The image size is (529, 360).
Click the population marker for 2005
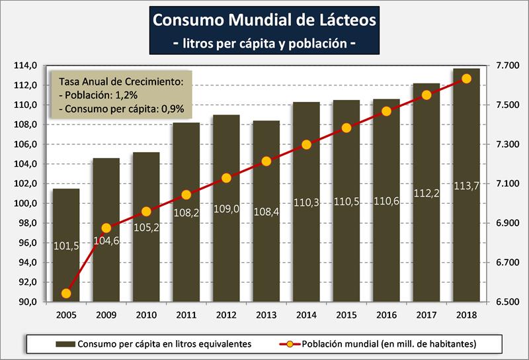pos(66,293)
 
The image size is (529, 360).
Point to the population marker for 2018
pos(466,78)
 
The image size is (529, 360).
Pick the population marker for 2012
pos(226,178)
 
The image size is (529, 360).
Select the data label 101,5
pos(66,246)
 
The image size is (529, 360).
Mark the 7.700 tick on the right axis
pos(501,66)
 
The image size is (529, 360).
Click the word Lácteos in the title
pos(343,20)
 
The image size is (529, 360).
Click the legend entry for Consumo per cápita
pos(153,343)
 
